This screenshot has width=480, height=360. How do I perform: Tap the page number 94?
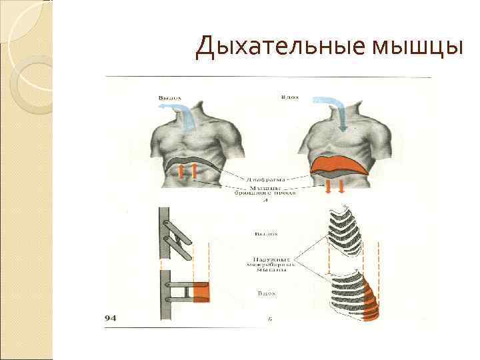[x=111, y=319]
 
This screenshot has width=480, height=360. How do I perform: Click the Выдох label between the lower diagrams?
[x=265, y=233]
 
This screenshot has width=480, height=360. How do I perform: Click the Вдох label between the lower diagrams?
[x=265, y=293]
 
